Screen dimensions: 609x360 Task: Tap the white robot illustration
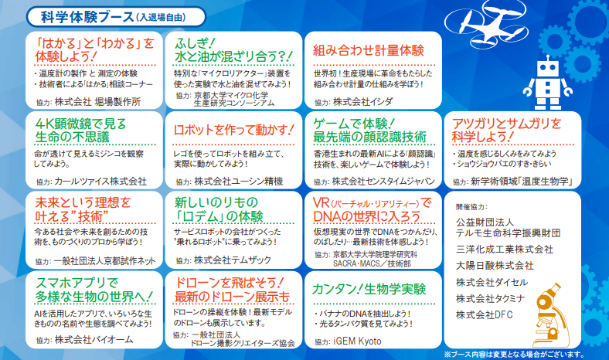[x=547, y=83]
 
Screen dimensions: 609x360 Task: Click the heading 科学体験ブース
[x=87, y=17]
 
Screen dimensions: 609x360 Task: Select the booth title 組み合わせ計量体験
[x=369, y=50]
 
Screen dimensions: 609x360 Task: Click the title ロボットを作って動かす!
[x=233, y=130]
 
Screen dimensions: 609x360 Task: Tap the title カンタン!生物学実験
[x=369, y=290]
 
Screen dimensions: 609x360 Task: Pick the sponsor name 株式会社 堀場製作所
[x=97, y=102]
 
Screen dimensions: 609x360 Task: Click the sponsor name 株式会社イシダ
[x=362, y=102]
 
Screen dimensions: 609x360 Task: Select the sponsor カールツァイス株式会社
[x=100, y=182]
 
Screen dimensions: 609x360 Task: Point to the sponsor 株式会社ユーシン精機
[x=239, y=182]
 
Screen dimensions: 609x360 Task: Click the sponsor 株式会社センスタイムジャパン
[x=383, y=182]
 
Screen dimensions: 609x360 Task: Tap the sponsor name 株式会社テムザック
[x=233, y=260]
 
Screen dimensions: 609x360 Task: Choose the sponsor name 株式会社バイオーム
[x=94, y=340]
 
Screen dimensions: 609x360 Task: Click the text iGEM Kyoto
[x=357, y=341]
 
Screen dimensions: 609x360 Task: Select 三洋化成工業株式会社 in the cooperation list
[x=505, y=250]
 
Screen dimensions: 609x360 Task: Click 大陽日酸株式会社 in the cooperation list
[x=495, y=266]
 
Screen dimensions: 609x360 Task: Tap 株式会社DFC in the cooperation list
[x=485, y=314]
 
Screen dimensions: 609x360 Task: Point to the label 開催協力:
[x=471, y=207]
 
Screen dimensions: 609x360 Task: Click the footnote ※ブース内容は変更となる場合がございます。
[x=514, y=354]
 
